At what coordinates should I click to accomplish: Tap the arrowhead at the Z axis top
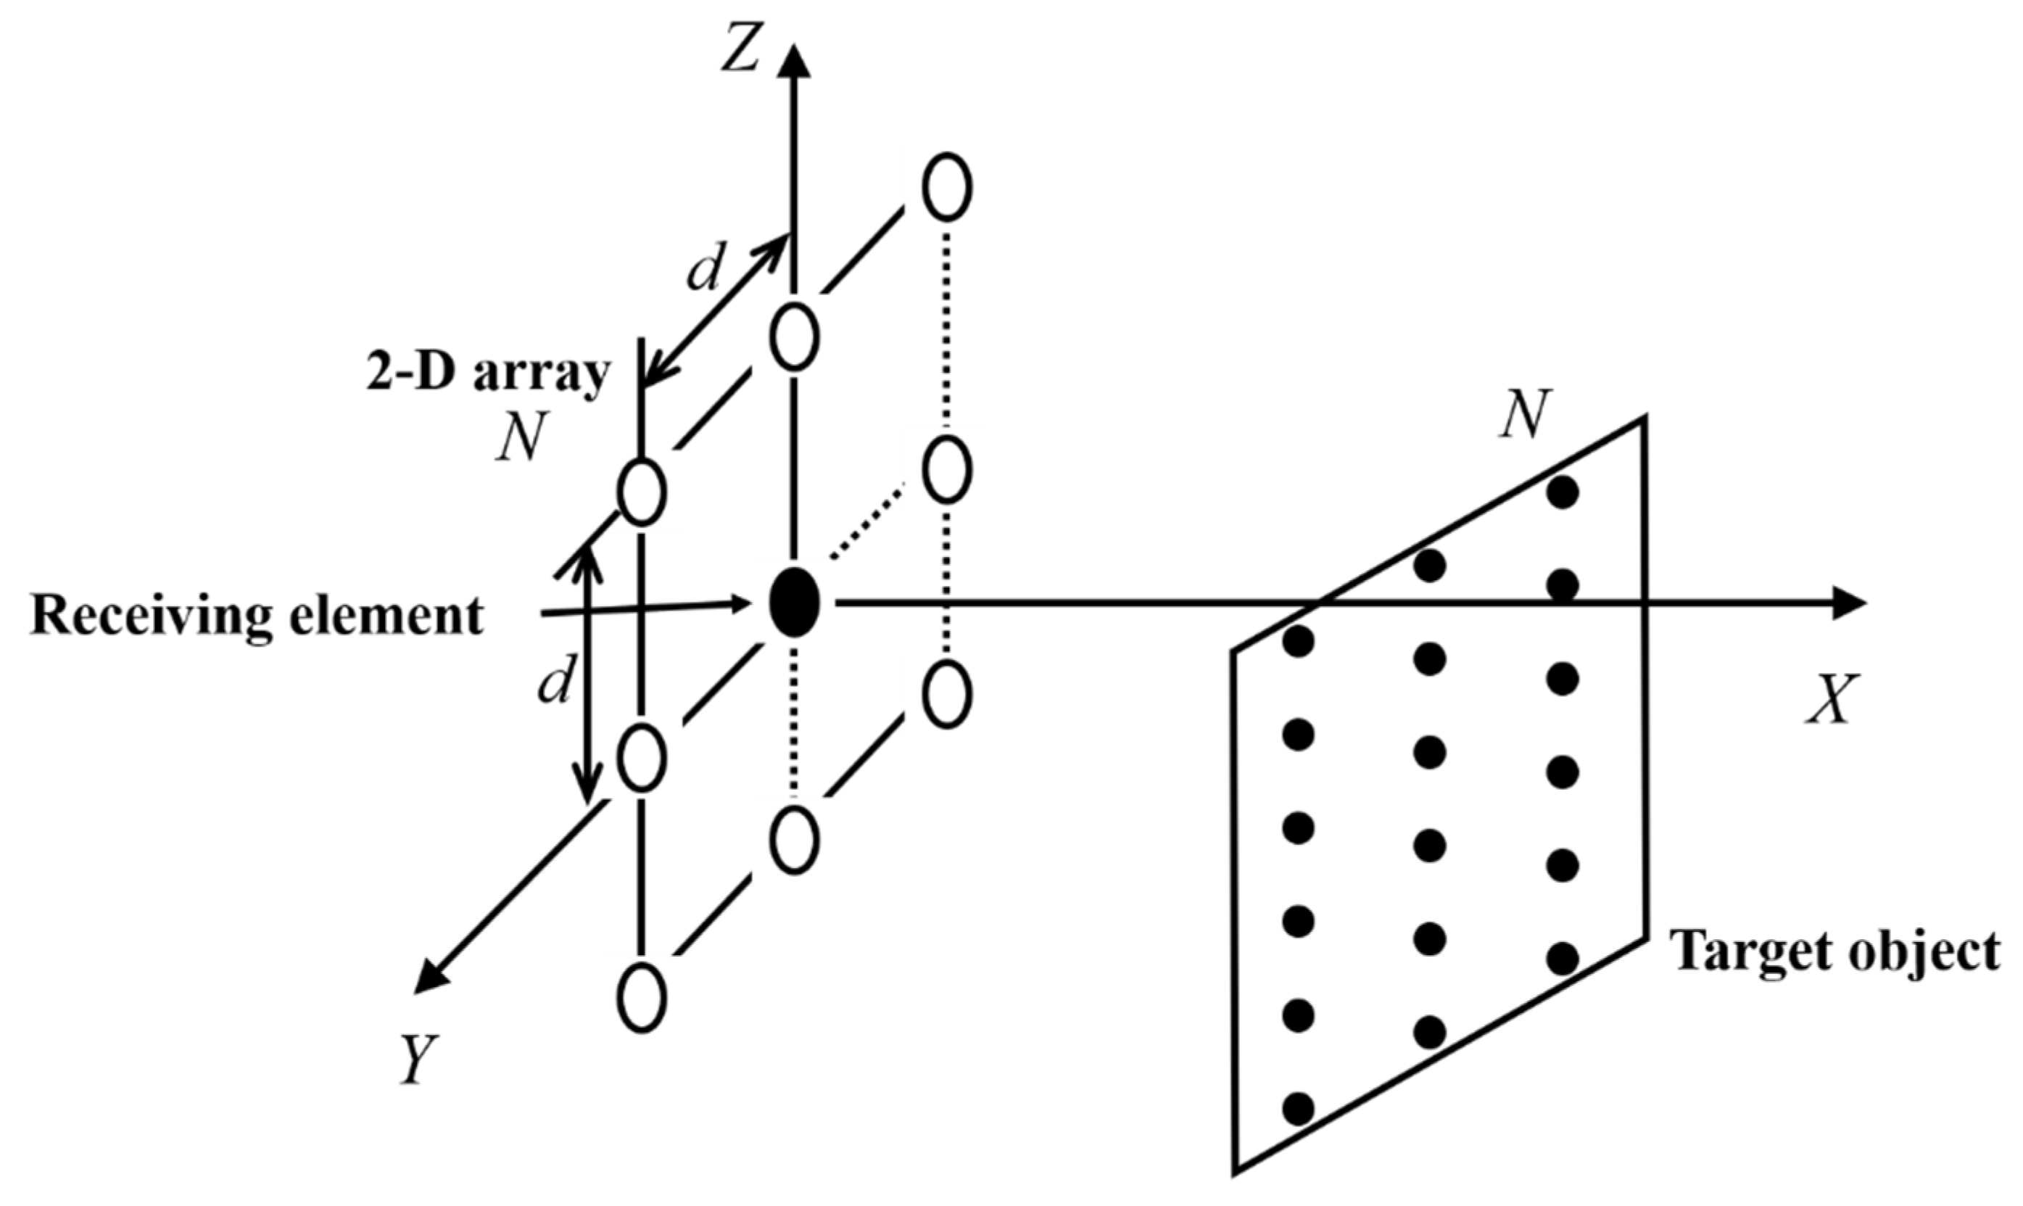(x=795, y=61)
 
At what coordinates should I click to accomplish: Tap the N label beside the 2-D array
(x=520, y=439)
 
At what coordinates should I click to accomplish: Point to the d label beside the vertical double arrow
(x=555, y=680)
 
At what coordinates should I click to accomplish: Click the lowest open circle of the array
(x=642, y=998)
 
